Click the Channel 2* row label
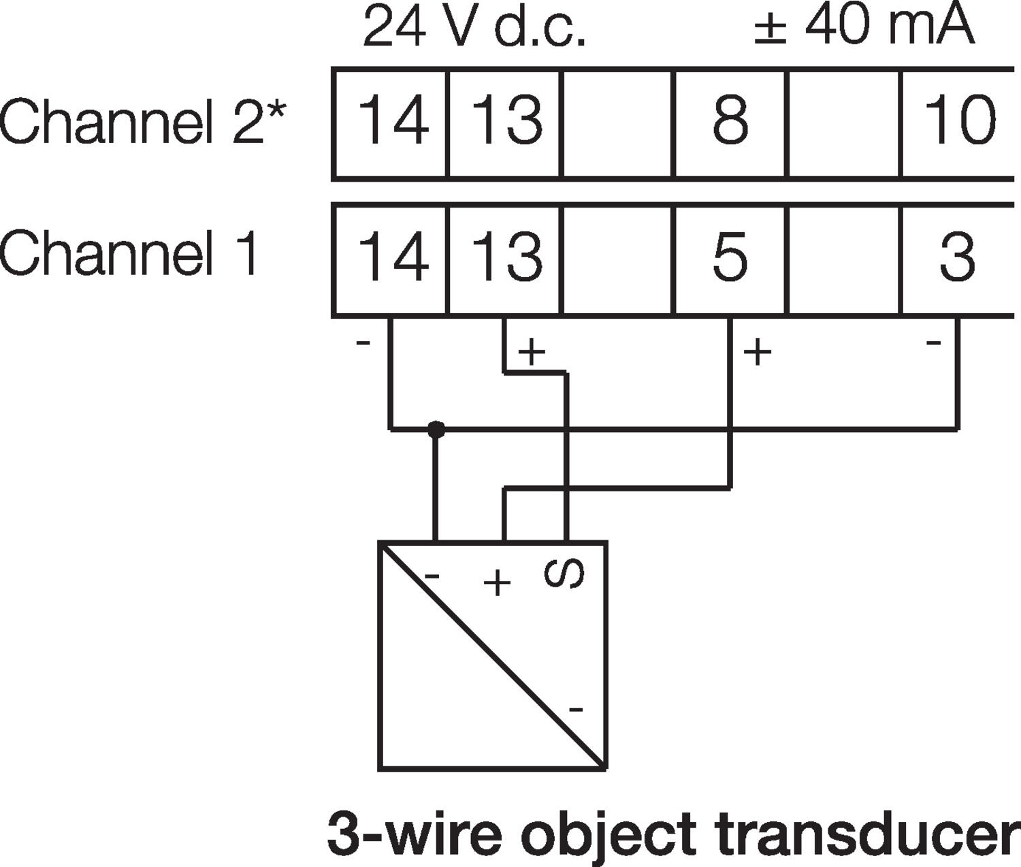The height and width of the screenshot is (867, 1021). click(143, 121)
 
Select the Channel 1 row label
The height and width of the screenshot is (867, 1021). click(129, 253)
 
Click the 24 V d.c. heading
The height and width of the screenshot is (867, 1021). click(474, 27)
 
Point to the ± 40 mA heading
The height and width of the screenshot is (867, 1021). click(864, 26)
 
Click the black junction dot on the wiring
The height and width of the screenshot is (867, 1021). click(436, 430)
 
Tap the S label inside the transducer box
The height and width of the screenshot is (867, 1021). click(564, 574)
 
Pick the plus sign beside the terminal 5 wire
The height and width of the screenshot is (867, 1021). click(757, 353)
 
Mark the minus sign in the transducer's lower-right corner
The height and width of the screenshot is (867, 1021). click(576, 710)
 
